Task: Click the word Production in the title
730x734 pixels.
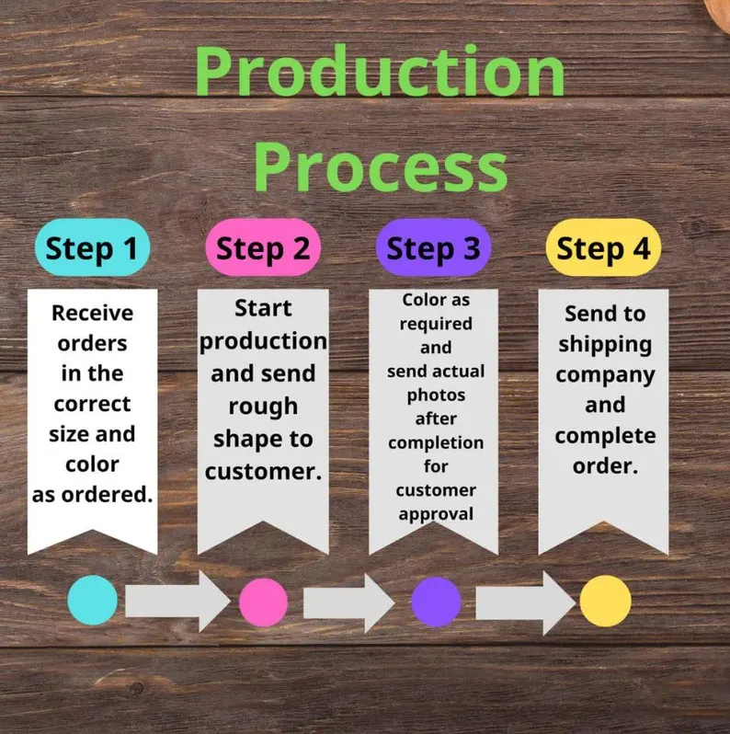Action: point(380,70)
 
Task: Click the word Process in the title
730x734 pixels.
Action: point(380,167)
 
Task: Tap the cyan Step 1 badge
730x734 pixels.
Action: point(92,247)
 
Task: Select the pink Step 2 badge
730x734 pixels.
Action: point(263,247)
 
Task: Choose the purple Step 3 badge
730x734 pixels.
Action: point(433,247)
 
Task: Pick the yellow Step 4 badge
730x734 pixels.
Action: point(604,247)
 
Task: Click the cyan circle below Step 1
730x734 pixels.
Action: point(92,600)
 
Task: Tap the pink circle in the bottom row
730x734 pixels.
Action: point(263,602)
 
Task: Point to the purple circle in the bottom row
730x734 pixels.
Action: point(436,602)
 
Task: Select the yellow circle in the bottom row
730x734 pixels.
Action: point(605,601)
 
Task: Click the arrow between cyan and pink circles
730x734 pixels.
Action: point(177,602)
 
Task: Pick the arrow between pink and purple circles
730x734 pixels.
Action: point(349,603)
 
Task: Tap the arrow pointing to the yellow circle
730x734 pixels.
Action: point(526,603)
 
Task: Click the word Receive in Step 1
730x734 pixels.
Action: point(92,313)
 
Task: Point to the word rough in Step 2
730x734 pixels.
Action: point(263,407)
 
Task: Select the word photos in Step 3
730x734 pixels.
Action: point(436,396)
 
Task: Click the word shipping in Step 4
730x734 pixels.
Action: point(605,345)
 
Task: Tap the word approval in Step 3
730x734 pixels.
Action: point(436,514)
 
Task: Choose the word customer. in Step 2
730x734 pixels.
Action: point(263,471)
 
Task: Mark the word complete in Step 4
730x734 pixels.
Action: point(605,436)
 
